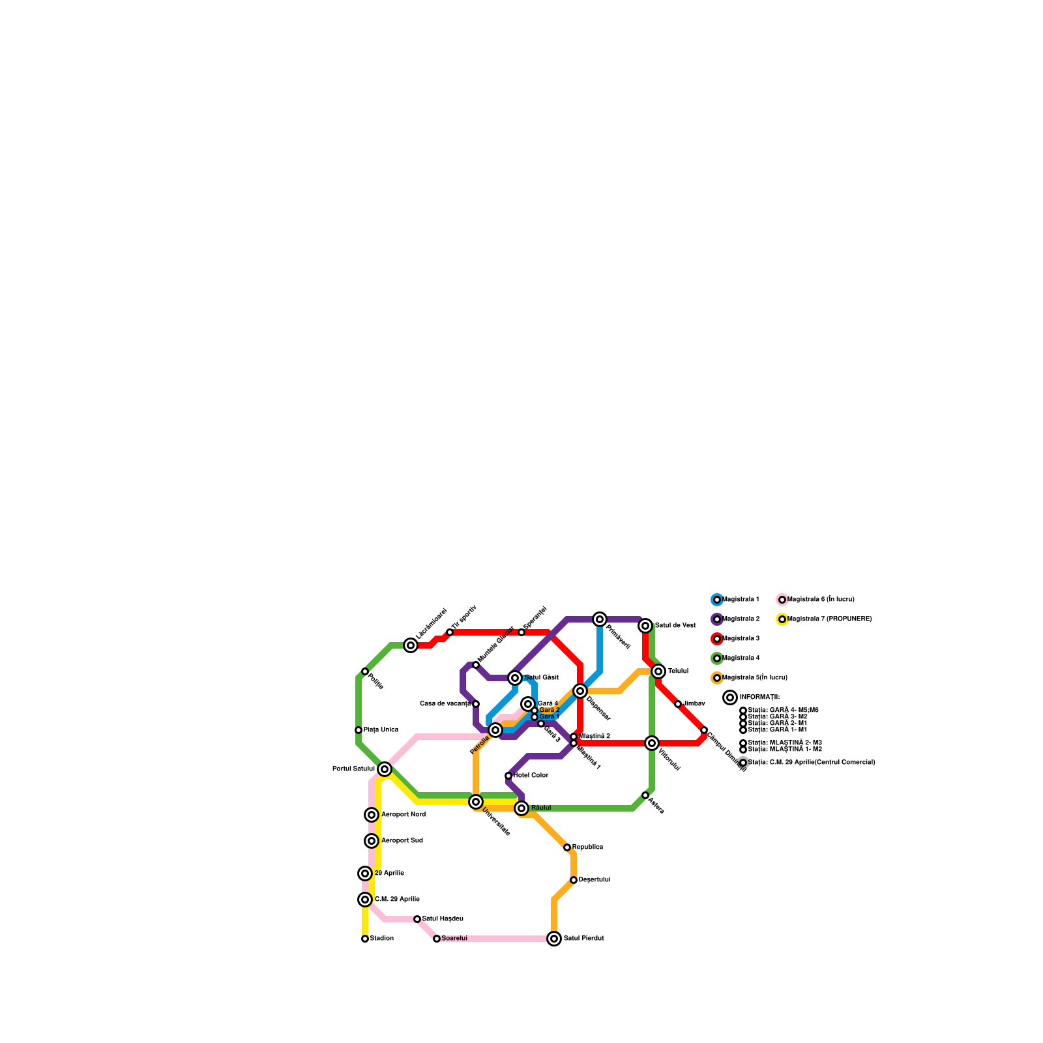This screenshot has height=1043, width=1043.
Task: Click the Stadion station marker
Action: (365, 939)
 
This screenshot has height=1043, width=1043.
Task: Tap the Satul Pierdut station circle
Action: (554, 939)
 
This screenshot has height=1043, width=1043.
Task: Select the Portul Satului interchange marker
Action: (385, 769)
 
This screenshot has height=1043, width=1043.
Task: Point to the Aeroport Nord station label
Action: (403, 815)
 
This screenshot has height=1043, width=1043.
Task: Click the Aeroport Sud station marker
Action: (372, 841)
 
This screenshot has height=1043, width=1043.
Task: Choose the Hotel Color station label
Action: (531, 776)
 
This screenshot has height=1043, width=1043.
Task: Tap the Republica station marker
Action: (567, 847)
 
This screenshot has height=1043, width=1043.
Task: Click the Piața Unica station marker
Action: (359, 730)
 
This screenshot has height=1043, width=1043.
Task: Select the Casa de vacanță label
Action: (445, 704)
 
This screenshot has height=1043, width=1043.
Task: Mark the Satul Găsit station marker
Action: (515, 678)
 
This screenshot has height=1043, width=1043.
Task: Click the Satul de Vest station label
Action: (675, 626)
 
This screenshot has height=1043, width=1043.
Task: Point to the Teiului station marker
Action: (658, 671)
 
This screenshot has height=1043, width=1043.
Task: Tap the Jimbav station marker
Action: (678, 704)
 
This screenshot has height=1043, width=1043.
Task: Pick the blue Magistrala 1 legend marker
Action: (717, 600)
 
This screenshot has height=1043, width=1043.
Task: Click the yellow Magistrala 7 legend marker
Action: (782, 619)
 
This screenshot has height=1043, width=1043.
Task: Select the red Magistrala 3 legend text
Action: (741, 639)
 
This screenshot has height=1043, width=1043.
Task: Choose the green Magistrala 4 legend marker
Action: (717, 658)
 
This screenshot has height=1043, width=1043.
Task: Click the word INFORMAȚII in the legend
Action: (759, 698)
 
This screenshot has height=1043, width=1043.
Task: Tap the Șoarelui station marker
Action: (437, 939)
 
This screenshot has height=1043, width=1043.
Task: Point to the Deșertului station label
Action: (594, 880)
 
